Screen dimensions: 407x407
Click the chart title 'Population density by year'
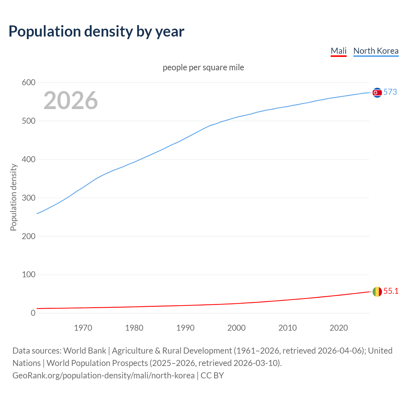click(96, 31)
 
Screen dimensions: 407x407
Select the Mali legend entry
click(338, 51)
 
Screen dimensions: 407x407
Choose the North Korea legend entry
click(376, 51)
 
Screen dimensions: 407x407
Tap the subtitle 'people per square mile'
click(203, 68)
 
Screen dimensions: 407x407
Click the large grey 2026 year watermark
click(71, 100)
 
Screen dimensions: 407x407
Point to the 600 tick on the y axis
click(29, 83)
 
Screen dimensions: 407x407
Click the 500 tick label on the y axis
click(29, 121)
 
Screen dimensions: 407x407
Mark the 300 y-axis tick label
click(29, 198)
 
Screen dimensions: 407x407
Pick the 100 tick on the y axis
click(29, 274)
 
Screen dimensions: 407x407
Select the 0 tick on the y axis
click(33, 313)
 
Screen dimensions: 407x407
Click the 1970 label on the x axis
click(83, 328)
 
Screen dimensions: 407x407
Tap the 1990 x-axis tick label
click(185, 328)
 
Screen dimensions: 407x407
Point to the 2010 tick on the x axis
click(287, 328)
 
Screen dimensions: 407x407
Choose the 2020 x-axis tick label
click(339, 328)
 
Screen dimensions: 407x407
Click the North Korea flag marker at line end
click(377, 93)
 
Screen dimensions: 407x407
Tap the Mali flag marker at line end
click(377, 292)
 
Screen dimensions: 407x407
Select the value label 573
click(390, 92)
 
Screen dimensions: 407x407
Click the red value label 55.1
click(391, 291)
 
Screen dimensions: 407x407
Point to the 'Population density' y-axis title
click(13, 197)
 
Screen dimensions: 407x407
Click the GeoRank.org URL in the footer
click(103, 376)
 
